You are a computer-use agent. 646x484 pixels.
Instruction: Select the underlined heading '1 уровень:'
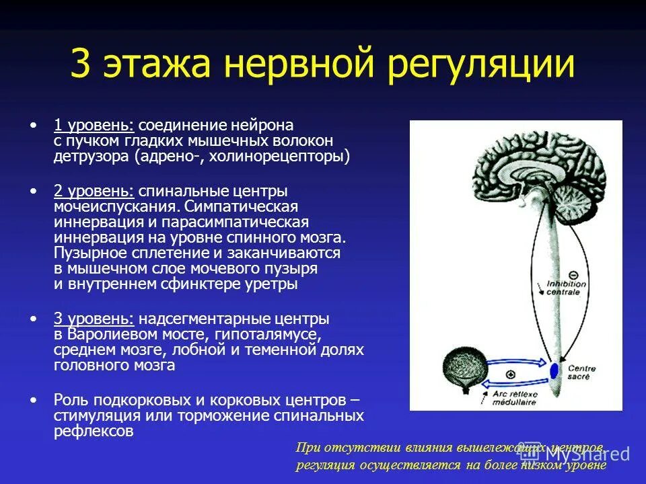[x=94, y=125]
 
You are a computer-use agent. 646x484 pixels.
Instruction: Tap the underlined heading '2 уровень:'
[x=94, y=190]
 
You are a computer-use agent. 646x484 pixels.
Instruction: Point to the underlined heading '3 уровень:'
[x=94, y=317]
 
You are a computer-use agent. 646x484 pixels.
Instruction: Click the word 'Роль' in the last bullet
[x=69, y=399]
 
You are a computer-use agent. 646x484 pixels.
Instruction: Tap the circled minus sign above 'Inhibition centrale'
[x=573, y=274]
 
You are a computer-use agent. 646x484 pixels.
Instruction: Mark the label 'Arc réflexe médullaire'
[x=515, y=398]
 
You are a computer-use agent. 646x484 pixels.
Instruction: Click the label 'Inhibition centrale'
[x=567, y=288]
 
